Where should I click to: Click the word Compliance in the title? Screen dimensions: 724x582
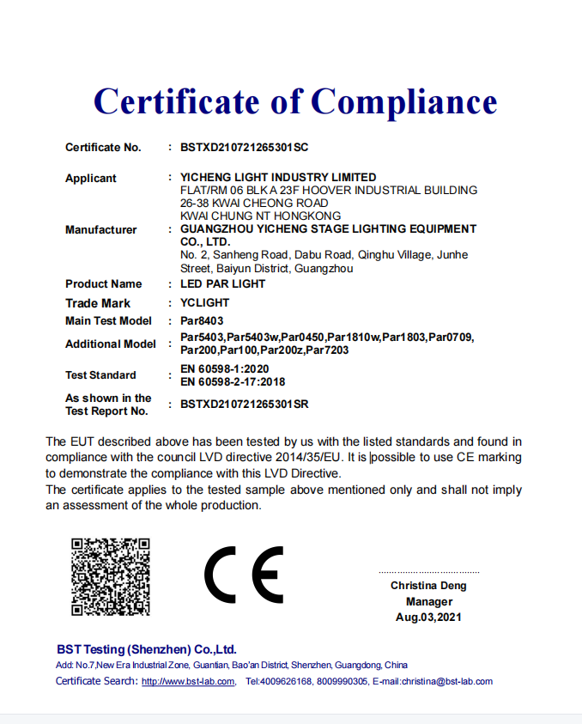point(403,101)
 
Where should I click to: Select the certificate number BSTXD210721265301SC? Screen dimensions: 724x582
point(244,148)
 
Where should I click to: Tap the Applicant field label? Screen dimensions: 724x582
point(91,179)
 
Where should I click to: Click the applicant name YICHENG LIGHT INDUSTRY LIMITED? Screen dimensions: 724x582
point(278,178)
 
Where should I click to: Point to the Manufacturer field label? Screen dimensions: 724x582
point(101,229)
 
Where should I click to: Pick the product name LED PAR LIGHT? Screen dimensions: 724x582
point(222,283)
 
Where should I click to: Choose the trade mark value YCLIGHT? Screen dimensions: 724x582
point(204,303)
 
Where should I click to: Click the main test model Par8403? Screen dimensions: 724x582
point(202,321)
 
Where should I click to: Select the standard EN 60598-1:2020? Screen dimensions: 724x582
point(227,369)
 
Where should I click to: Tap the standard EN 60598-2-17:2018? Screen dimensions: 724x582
point(233,381)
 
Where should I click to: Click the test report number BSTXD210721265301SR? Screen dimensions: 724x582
point(244,404)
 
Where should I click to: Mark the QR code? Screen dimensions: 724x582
point(111,576)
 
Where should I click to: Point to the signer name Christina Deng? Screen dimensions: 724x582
point(429,586)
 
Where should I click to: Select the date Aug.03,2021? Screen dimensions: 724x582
point(429,618)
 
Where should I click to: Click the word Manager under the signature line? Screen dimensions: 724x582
point(429,602)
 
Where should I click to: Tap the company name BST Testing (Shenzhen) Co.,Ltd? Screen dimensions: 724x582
point(146,649)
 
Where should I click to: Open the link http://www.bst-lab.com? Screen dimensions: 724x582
point(188,682)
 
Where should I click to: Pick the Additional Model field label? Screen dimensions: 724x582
point(111,344)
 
